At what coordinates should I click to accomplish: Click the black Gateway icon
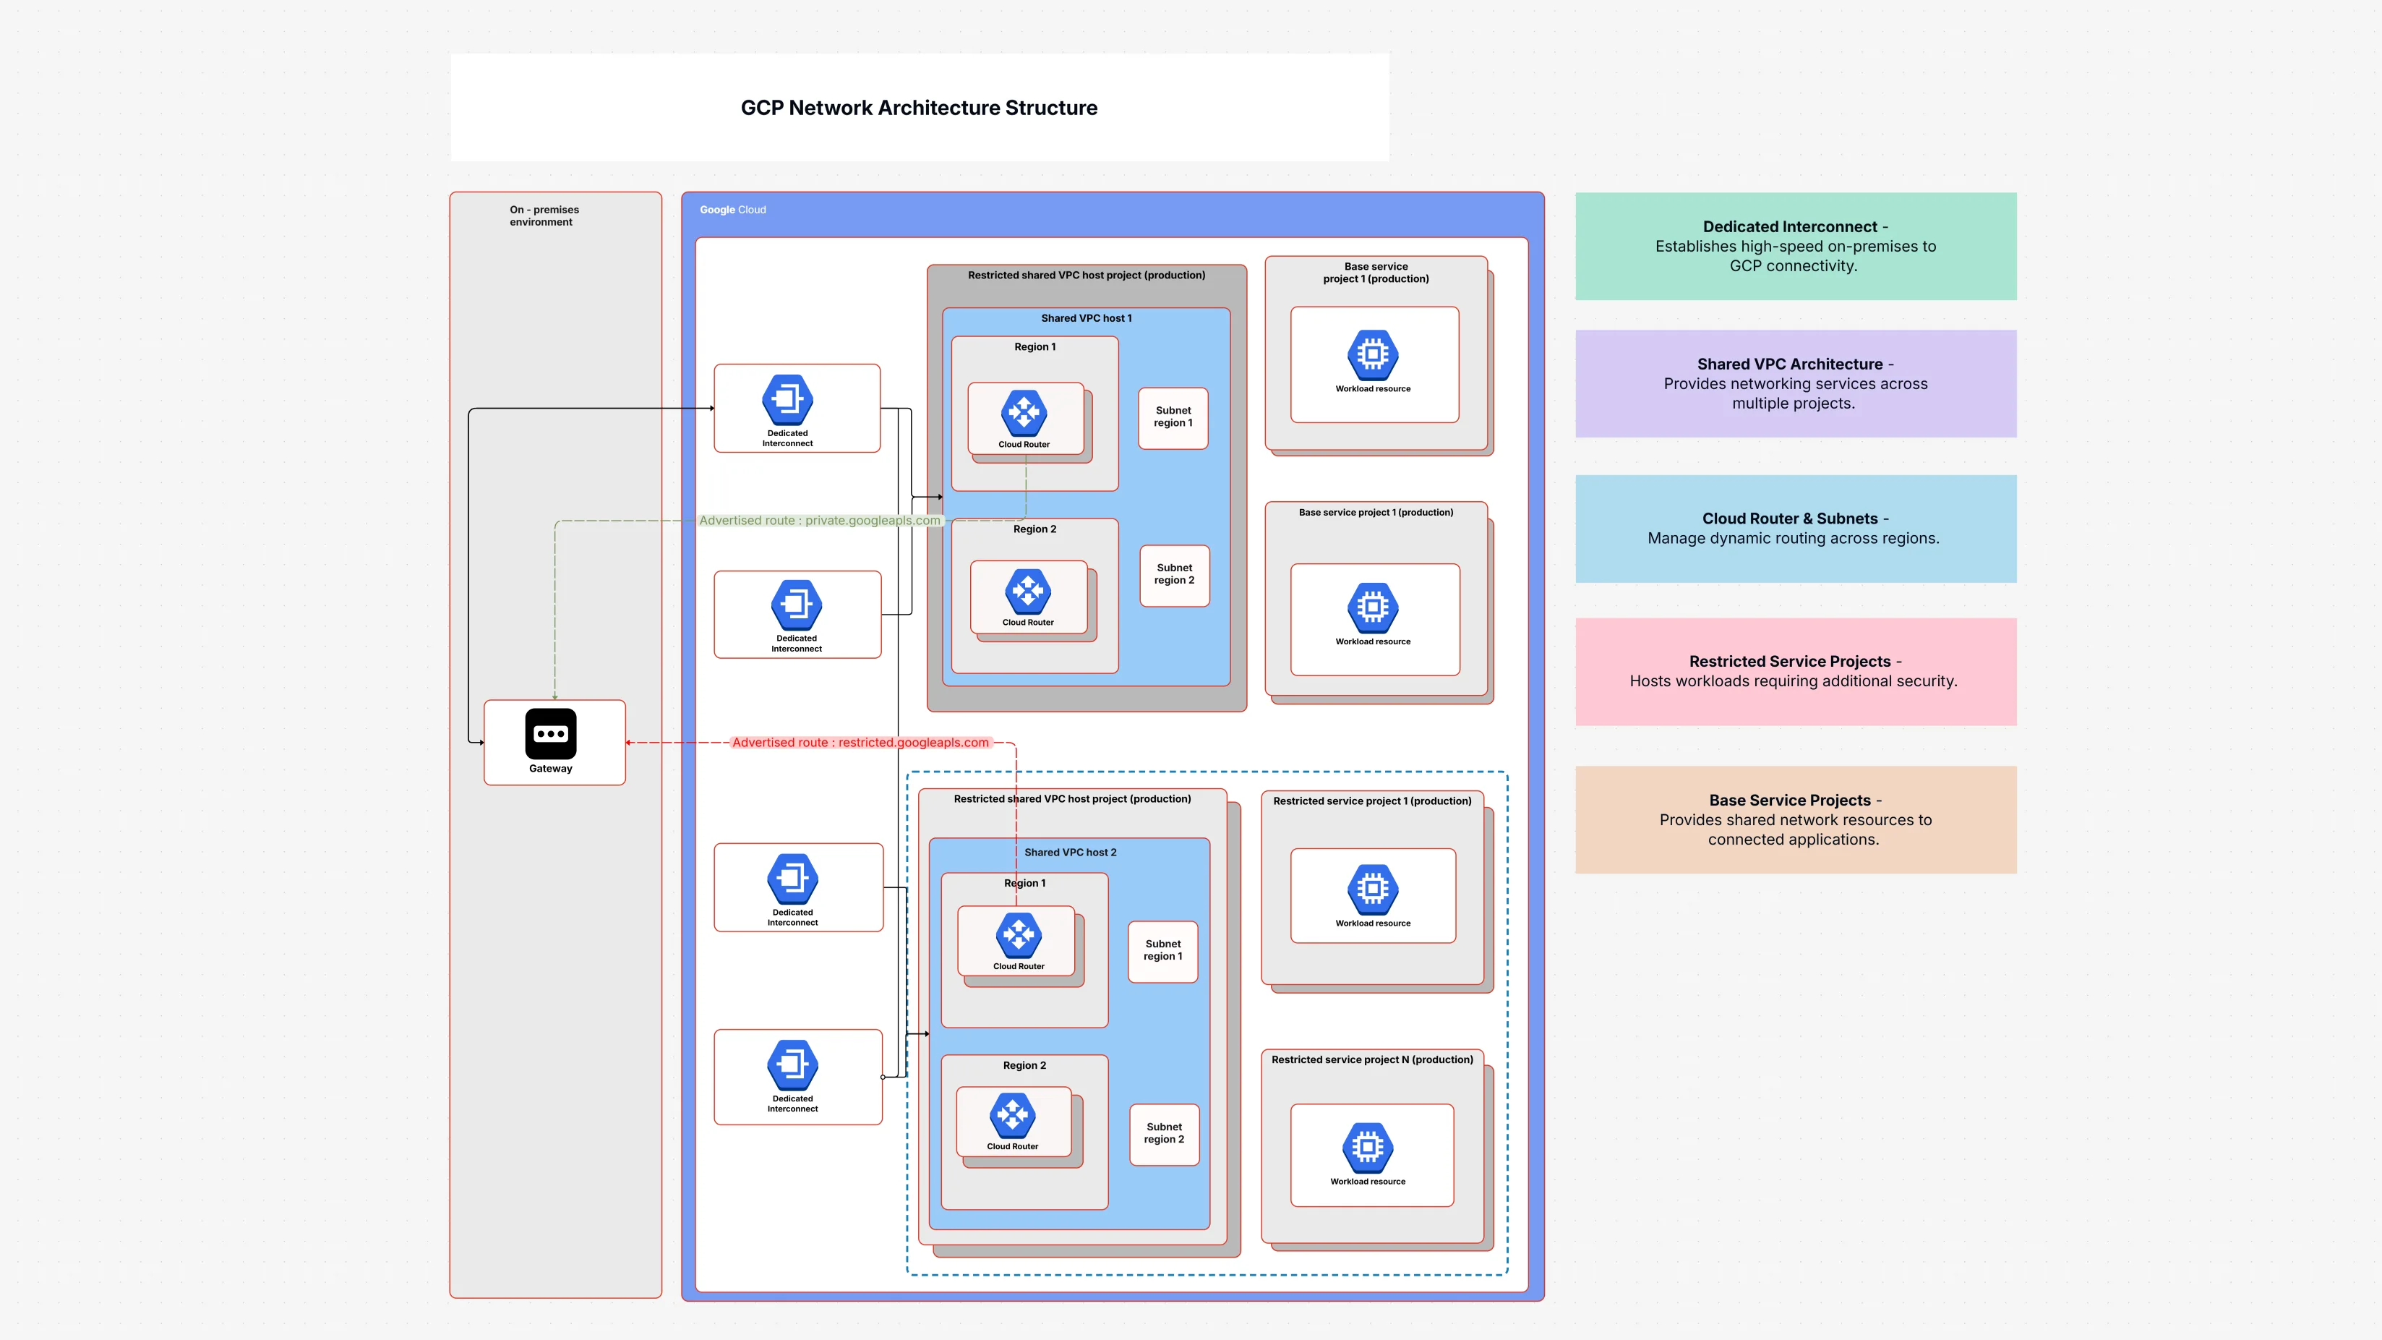click(550, 733)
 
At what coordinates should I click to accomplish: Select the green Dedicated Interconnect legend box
click(1795, 246)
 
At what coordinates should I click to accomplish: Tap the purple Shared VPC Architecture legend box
click(1795, 384)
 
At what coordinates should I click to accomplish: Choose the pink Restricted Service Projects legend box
click(1795, 671)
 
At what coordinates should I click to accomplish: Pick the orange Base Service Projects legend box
click(1795, 819)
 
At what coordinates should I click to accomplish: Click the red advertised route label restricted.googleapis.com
click(860, 743)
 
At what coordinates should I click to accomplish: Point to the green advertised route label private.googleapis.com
click(819, 521)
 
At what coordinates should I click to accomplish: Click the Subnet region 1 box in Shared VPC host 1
click(1173, 417)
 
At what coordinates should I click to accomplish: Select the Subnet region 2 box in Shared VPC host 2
click(1163, 1134)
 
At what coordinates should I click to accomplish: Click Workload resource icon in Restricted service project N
click(1368, 1147)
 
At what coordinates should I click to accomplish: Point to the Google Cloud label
click(732, 210)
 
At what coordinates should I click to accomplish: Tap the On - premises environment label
click(544, 215)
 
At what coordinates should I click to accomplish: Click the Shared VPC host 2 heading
click(1070, 853)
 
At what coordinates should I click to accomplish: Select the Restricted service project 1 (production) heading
click(1371, 801)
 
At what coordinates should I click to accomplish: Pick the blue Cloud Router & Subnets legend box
click(1795, 528)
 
